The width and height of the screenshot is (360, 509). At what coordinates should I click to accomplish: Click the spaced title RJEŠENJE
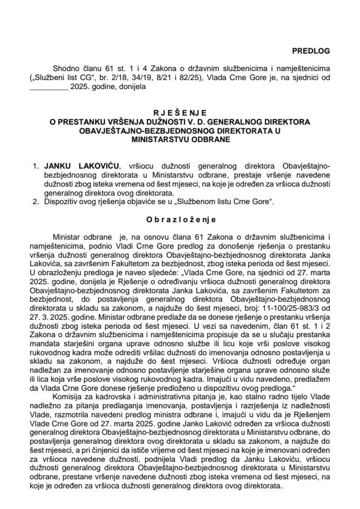[179, 112]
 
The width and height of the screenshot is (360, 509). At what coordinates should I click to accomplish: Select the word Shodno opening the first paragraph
[65, 68]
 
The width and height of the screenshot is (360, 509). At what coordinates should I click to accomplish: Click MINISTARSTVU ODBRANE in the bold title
[180, 140]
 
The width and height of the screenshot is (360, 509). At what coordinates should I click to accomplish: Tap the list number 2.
[36, 201]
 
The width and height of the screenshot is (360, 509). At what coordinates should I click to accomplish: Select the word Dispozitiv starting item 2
[63, 201]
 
